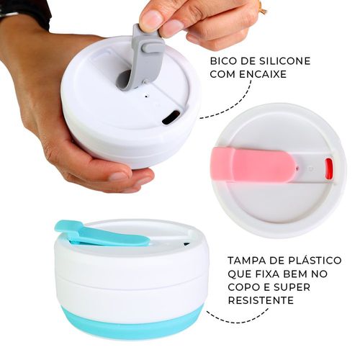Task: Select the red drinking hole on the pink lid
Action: point(329,169)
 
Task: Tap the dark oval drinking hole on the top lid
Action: point(171,117)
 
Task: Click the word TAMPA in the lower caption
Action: point(246,260)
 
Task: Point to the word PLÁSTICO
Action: point(312,260)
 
